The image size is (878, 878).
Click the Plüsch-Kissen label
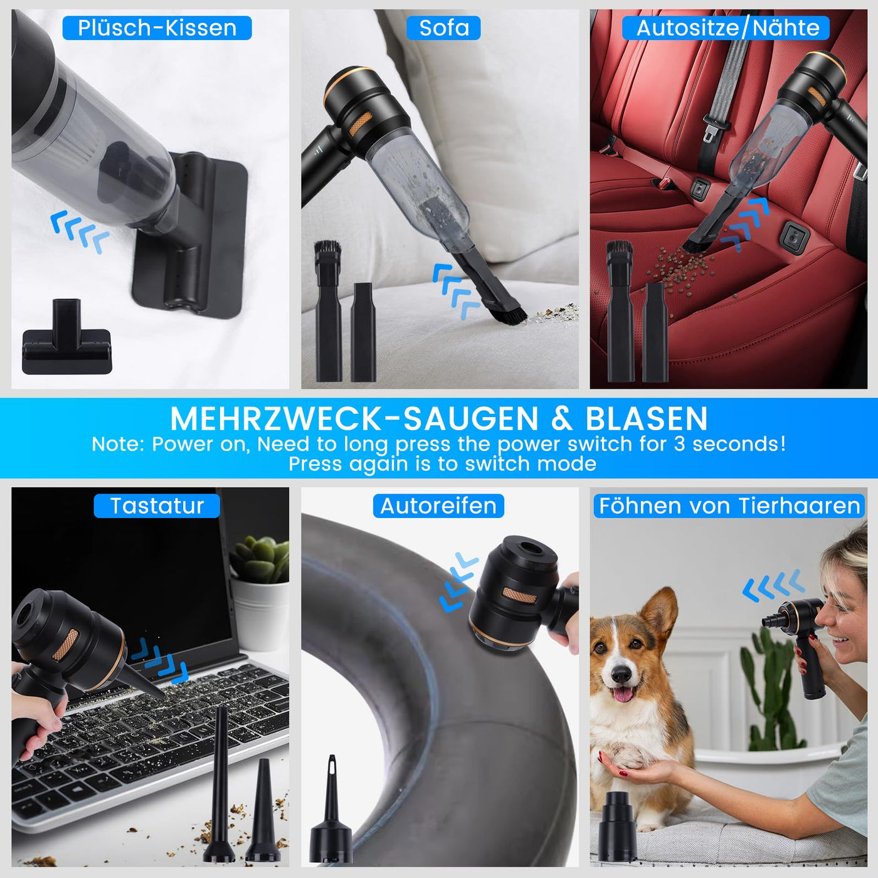point(157,28)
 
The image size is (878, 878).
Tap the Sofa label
point(443,28)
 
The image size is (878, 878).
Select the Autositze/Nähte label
point(727,28)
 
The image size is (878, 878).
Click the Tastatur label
point(157,506)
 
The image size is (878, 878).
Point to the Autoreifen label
point(438,506)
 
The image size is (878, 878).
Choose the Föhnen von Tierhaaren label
point(729,506)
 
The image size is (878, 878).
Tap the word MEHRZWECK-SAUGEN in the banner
point(354,419)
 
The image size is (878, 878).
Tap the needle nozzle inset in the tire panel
point(331,809)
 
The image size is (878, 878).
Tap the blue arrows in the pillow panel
point(80,230)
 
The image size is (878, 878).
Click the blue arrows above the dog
point(773,586)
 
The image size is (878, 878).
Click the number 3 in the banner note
point(680,444)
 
